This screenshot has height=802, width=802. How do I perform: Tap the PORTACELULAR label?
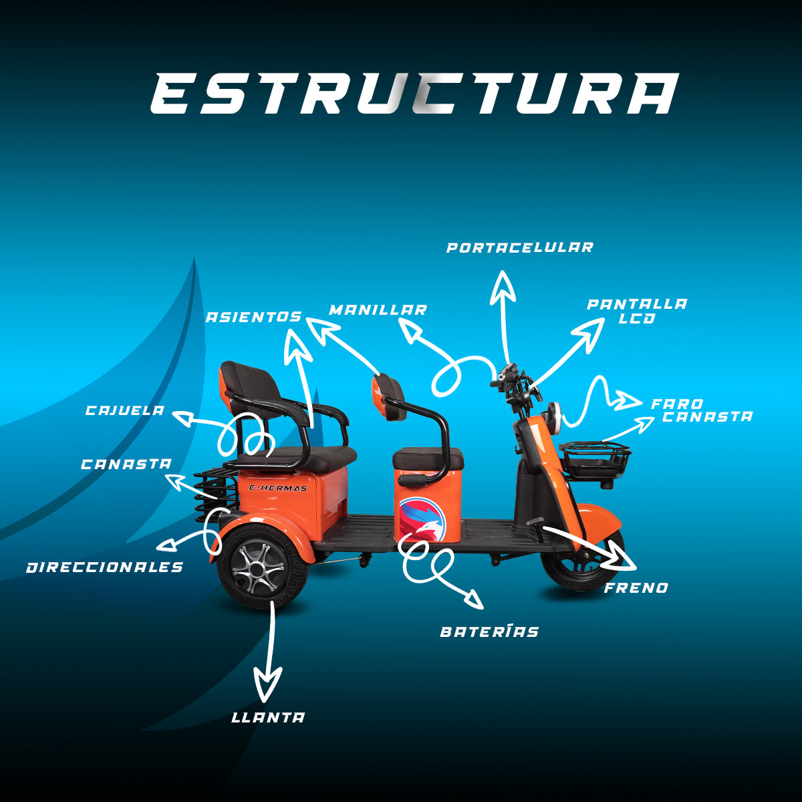[519, 248]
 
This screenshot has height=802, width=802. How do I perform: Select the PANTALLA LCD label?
[636, 311]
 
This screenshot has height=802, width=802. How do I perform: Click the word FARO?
[676, 404]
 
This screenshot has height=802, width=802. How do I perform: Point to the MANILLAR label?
[378, 310]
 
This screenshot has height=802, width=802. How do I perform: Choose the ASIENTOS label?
[253, 317]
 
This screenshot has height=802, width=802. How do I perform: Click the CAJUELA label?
[125, 410]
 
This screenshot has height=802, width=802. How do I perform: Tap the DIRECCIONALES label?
[105, 567]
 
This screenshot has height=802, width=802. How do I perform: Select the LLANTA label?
[268, 718]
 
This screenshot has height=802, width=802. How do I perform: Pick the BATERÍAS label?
[489, 632]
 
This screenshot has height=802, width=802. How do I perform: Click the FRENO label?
[636, 588]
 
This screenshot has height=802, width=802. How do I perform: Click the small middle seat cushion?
[428, 459]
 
